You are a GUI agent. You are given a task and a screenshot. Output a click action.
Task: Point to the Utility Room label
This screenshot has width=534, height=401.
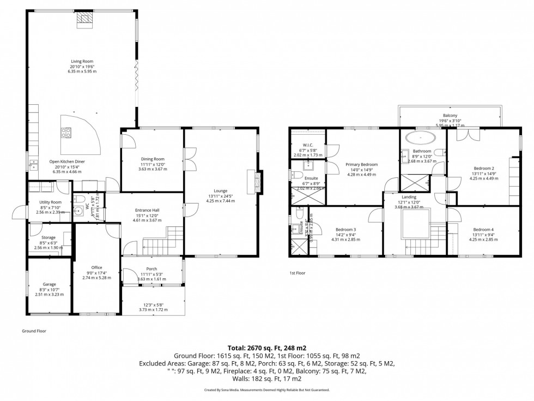pos(50,202)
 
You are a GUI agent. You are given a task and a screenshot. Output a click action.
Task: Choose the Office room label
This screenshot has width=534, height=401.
pos(96,267)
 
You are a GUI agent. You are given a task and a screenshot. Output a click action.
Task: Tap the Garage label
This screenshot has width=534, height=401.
pos(49,284)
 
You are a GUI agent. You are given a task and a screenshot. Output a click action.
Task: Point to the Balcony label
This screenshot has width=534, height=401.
pos(450,115)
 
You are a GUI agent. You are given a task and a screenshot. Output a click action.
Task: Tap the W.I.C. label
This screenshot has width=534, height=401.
pos(307,145)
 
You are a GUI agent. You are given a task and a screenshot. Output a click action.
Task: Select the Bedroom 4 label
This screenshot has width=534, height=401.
pos(483,229)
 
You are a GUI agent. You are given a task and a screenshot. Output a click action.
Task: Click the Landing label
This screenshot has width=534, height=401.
pos(409,197)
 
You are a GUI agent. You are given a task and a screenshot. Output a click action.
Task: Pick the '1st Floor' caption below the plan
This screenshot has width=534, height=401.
pos(297,272)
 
